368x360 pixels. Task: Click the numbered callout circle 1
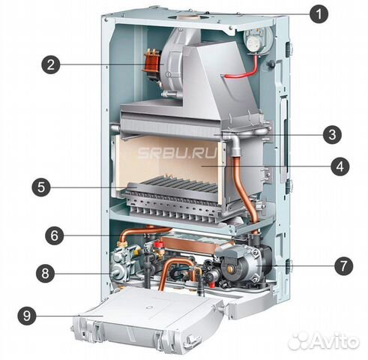pyautogui.click(x=319, y=14)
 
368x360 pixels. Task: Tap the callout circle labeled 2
pyautogui.click(x=51, y=64)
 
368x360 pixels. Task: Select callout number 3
pyautogui.click(x=332, y=135)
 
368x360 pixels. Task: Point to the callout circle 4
pyautogui.click(x=340, y=166)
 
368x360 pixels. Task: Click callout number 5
pyautogui.click(x=41, y=187)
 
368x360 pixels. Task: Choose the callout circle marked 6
pyautogui.click(x=55, y=235)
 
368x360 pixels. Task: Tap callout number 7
pyautogui.click(x=343, y=265)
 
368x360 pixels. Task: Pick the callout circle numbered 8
pyautogui.click(x=45, y=273)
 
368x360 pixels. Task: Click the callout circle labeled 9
pyautogui.click(x=27, y=316)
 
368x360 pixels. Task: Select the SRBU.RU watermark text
pyautogui.click(x=177, y=153)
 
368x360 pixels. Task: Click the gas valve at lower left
pyautogui.click(x=122, y=262)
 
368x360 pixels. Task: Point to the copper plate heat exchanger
pyautogui.click(x=196, y=245)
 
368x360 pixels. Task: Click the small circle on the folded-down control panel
pyautogui.click(x=149, y=307)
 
